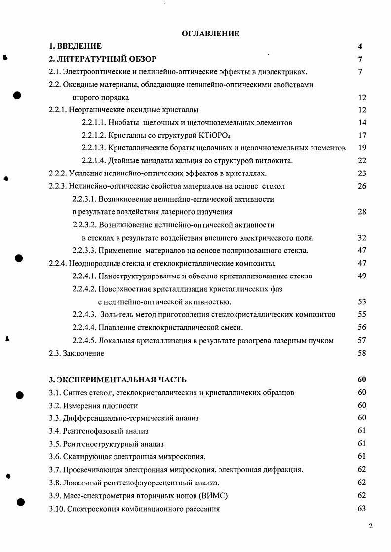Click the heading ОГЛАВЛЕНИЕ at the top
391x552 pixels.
pyautogui.click(x=210, y=34)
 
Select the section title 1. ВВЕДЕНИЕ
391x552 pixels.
pyautogui.click(x=76, y=46)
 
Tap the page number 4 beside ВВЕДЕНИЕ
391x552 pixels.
pyautogui.click(x=360, y=47)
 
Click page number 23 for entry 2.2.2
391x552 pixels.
pyautogui.click(x=362, y=173)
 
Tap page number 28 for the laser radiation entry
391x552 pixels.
pyautogui.click(x=362, y=212)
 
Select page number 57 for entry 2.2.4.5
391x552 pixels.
pyautogui.click(x=362, y=340)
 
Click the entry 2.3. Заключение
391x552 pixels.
pyautogui.click(x=77, y=353)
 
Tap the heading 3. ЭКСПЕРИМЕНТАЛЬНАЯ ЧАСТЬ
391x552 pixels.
pyautogui.click(x=118, y=379)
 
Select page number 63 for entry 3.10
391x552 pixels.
pyautogui.click(x=362, y=509)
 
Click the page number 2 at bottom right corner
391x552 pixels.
pyautogui.click(x=371, y=526)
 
